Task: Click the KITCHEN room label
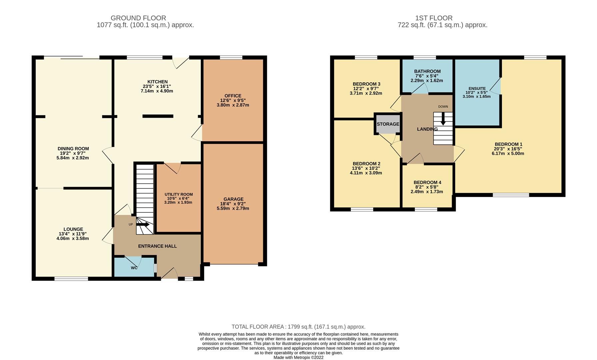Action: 158,82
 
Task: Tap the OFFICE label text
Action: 233,96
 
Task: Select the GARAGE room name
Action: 234,199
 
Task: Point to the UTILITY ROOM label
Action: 179,194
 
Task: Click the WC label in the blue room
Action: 134,268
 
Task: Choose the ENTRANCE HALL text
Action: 158,246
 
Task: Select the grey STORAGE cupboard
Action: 388,124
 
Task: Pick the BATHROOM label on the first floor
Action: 427,71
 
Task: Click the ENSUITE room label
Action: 477,89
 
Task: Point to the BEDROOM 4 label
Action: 427,183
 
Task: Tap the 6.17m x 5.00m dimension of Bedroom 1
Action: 508,154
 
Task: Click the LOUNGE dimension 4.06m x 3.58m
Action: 73,239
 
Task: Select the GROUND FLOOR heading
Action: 138,18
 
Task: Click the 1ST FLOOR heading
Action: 434,18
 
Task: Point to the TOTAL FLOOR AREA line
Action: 298,327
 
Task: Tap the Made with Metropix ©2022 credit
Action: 298,357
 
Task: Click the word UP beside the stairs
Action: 131,224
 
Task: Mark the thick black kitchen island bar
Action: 158,116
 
